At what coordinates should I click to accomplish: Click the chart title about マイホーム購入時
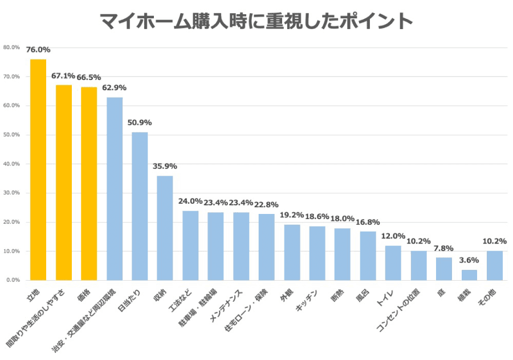[x=256, y=21]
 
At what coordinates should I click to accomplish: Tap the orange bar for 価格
[x=89, y=183]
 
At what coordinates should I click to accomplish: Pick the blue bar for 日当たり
[x=140, y=206]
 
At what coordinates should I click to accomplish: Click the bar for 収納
[x=165, y=228]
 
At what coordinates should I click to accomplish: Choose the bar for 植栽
[x=469, y=275]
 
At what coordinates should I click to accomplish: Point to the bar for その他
[x=494, y=265]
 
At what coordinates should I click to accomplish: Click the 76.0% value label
[x=38, y=50]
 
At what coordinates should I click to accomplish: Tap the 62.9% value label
[x=114, y=88]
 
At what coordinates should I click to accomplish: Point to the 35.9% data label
[x=165, y=166]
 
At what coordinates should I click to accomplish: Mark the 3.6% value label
[x=469, y=260]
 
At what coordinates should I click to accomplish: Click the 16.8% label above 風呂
[x=368, y=222]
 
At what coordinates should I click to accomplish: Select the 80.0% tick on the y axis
[x=11, y=47]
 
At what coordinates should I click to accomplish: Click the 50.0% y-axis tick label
[x=11, y=135]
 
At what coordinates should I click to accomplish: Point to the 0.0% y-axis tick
[x=13, y=280]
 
